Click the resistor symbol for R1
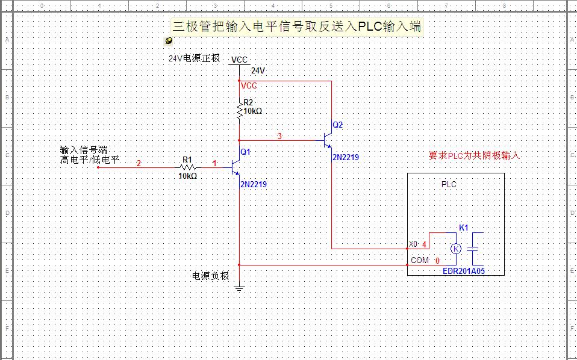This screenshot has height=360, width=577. tap(188, 167)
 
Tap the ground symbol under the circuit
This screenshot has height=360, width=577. tap(240, 287)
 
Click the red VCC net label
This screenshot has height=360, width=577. tap(249, 86)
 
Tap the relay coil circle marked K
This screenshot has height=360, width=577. tap(456, 248)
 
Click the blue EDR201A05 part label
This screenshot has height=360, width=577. tap(464, 272)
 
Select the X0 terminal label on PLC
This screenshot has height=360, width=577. tap(413, 244)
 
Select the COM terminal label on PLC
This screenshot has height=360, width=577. tap(420, 261)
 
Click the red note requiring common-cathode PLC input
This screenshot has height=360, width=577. tap(473, 155)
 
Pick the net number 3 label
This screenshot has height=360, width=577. tap(279, 136)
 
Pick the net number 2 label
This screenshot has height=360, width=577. tap(139, 163)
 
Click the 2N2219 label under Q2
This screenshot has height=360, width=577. tap(346, 157)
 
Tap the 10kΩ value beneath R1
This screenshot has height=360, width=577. tap(188, 176)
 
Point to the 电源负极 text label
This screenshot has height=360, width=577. tap(210, 276)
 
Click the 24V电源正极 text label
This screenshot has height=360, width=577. tap(194, 59)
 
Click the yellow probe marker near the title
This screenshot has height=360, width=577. tap(169, 41)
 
